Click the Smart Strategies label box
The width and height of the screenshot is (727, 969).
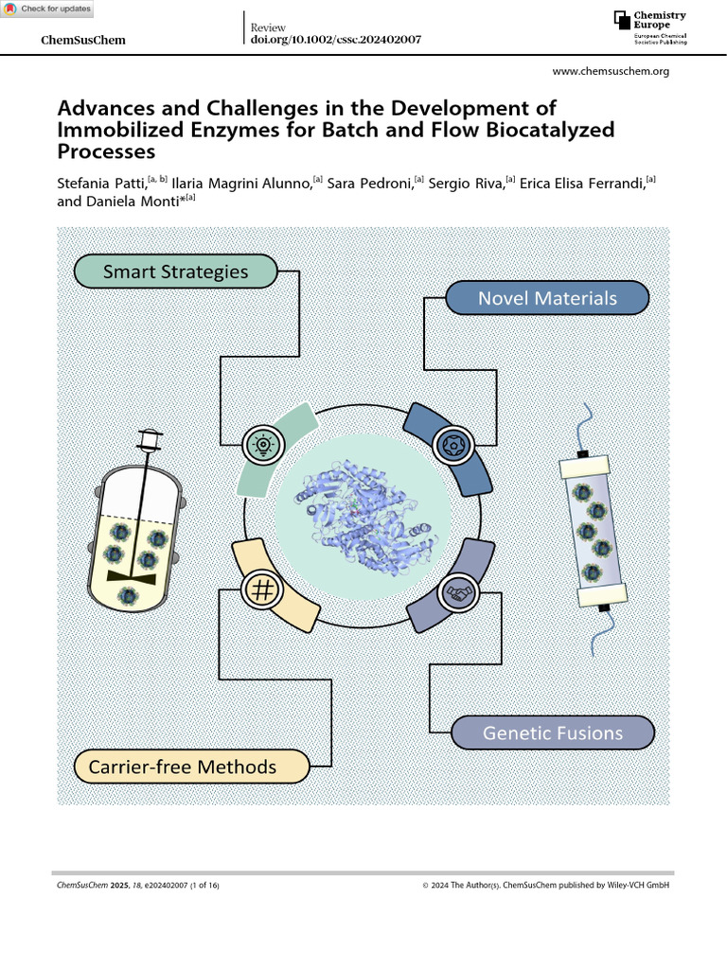coord(175,272)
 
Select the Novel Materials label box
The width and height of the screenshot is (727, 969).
coord(547,299)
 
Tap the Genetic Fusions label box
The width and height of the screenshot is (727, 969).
coord(553,732)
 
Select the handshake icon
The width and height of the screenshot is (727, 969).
coord(459,593)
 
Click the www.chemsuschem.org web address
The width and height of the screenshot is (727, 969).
coord(610,72)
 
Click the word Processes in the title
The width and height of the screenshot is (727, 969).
coord(106,151)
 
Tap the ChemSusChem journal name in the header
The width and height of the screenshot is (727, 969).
coord(85,40)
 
